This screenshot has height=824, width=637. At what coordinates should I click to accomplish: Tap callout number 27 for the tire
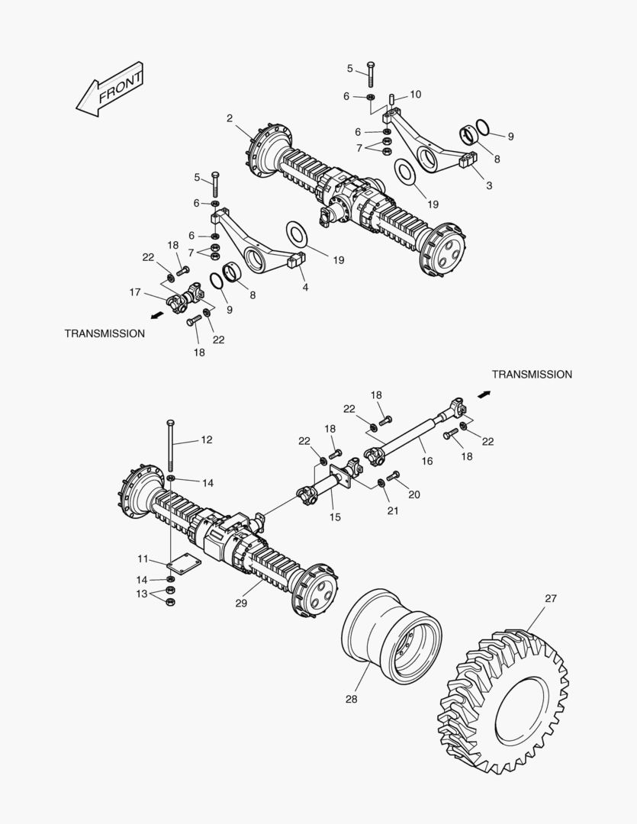coord(552,599)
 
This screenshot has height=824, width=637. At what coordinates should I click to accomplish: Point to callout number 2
coord(230,117)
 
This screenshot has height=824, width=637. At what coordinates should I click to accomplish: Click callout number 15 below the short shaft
coord(335,517)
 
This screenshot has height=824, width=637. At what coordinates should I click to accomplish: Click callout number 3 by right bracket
coord(489,185)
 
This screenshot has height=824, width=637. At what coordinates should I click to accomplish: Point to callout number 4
coord(304,288)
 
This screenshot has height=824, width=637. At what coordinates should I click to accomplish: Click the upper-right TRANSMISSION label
coord(532,375)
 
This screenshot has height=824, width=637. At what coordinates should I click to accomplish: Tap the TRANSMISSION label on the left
coord(105,333)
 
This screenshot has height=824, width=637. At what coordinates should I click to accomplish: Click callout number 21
coord(392,510)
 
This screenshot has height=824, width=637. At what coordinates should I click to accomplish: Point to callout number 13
coord(141,594)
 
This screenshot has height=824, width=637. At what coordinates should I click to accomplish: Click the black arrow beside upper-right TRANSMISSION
coord(484,394)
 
